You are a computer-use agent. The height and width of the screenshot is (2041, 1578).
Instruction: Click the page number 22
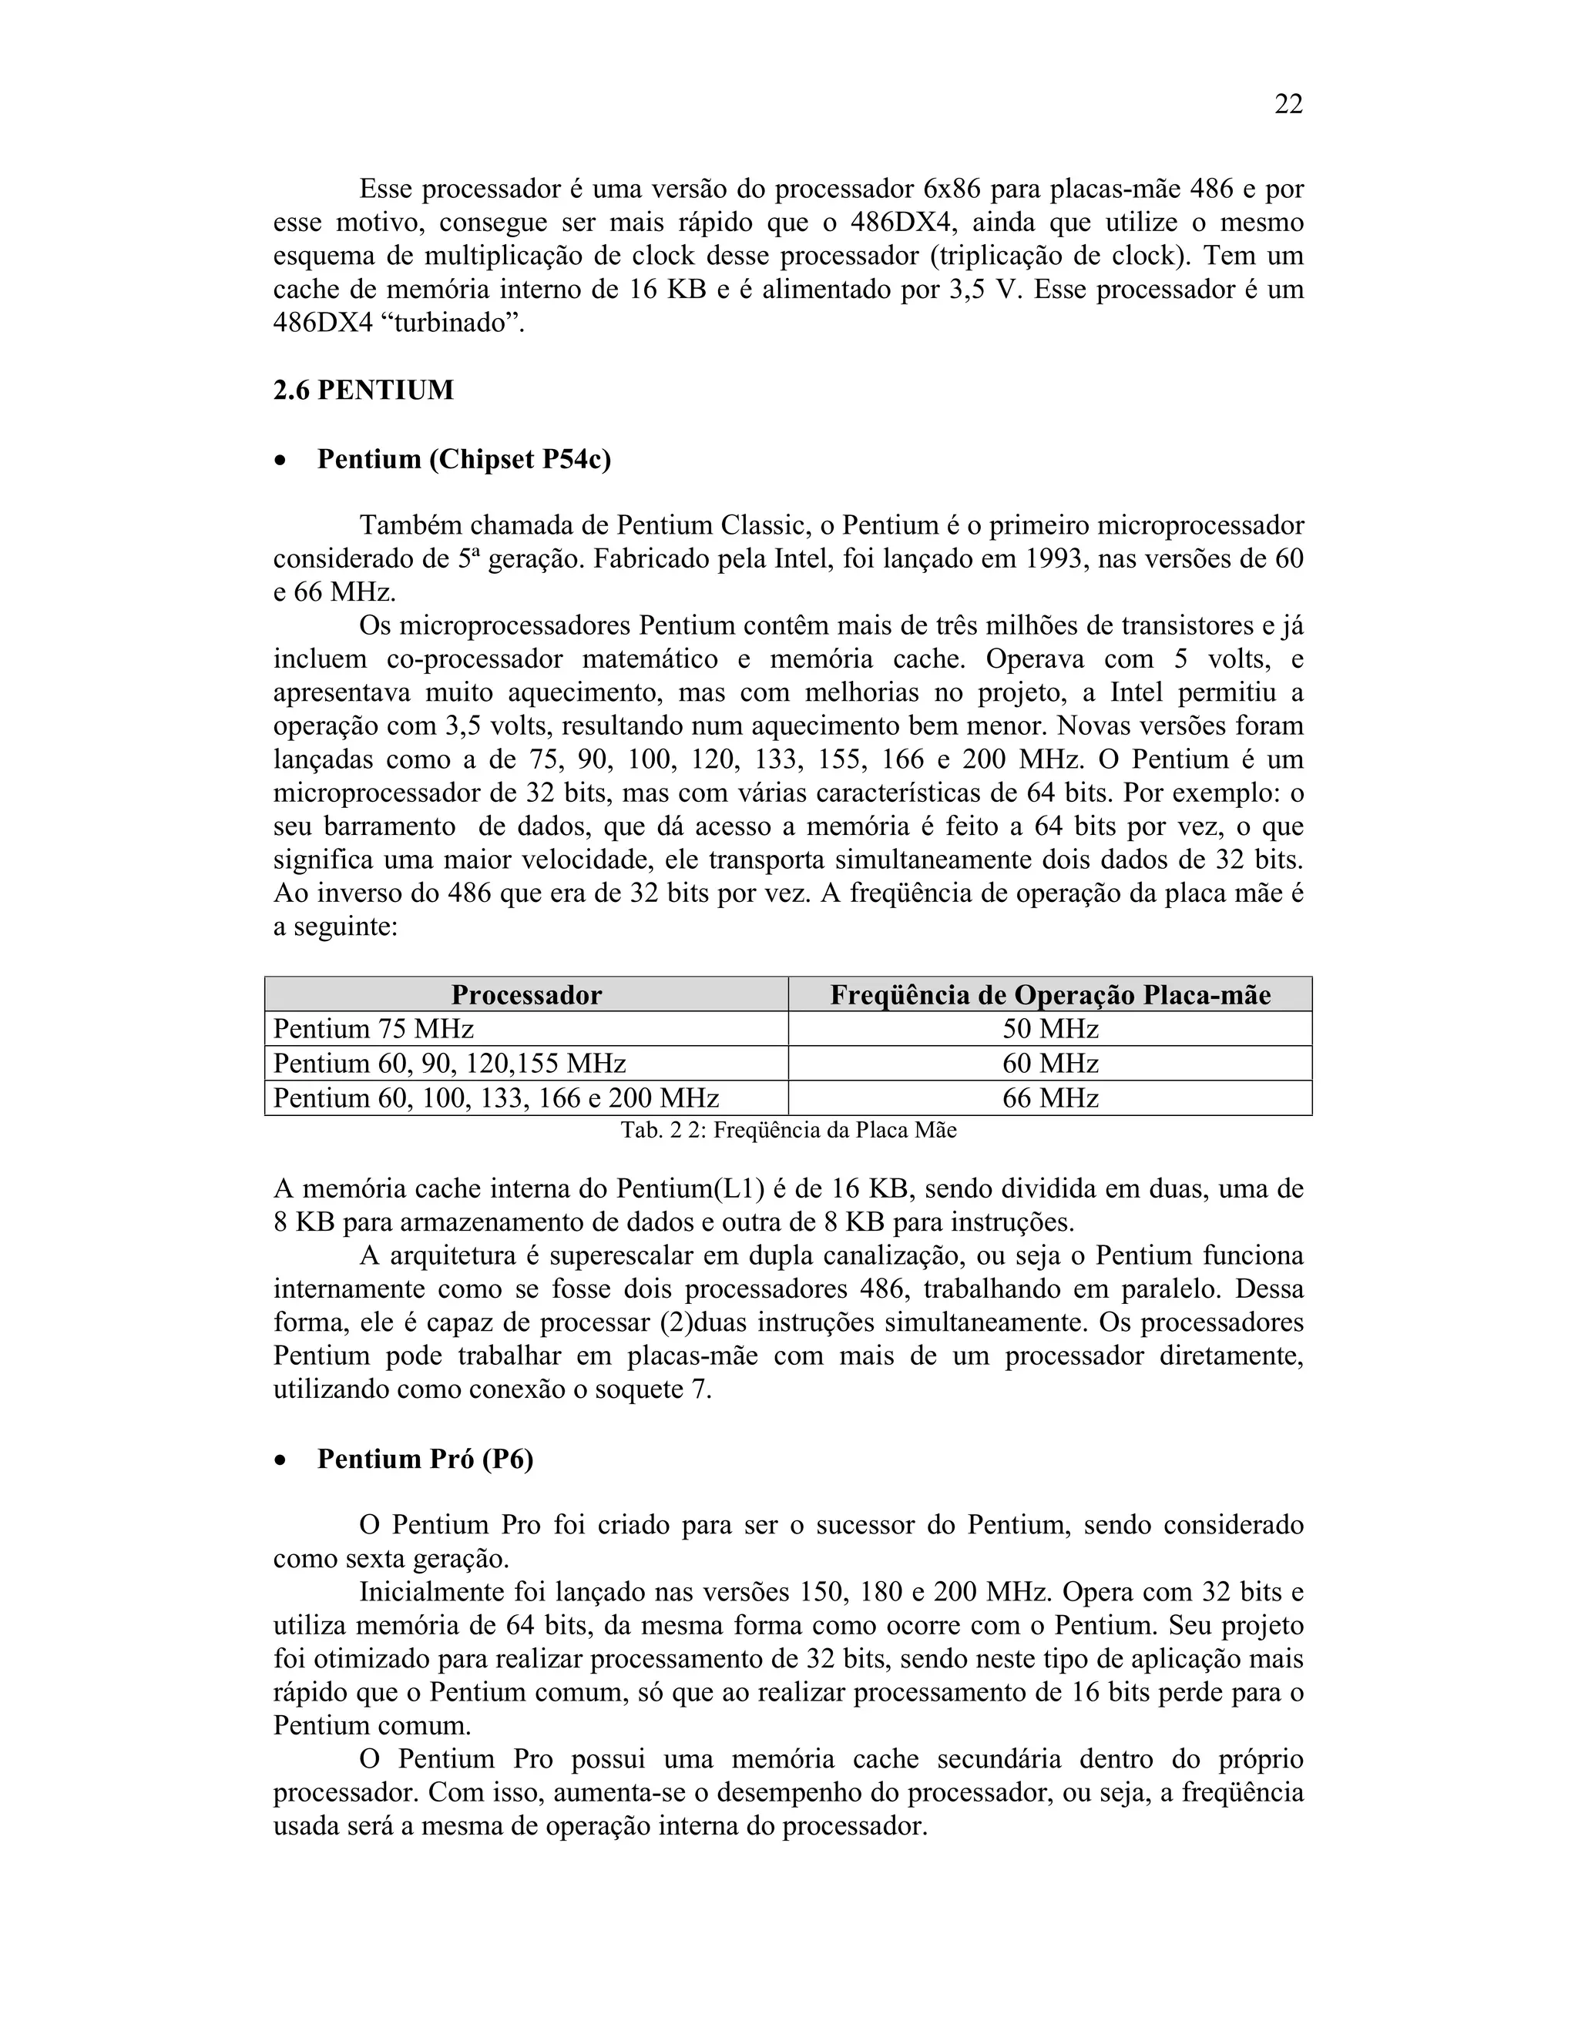[x=1288, y=105]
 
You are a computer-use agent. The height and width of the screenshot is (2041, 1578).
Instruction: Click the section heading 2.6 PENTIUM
[x=363, y=390]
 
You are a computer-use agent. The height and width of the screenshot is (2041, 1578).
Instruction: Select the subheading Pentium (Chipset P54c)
[x=464, y=460]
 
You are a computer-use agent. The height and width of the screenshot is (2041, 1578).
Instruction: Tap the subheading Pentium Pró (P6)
[x=425, y=1459]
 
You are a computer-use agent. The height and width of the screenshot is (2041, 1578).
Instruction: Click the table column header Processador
[x=526, y=994]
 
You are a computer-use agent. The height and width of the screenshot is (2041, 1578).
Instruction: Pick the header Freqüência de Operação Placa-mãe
[x=1050, y=994]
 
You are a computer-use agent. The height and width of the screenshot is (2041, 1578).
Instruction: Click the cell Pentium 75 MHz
[x=374, y=1029]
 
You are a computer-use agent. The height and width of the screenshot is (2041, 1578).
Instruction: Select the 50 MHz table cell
[x=1050, y=1029]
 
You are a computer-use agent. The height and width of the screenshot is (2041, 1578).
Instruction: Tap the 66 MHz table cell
[x=1050, y=1097]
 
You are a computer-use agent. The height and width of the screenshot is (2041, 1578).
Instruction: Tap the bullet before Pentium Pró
[x=279, y=1460]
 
